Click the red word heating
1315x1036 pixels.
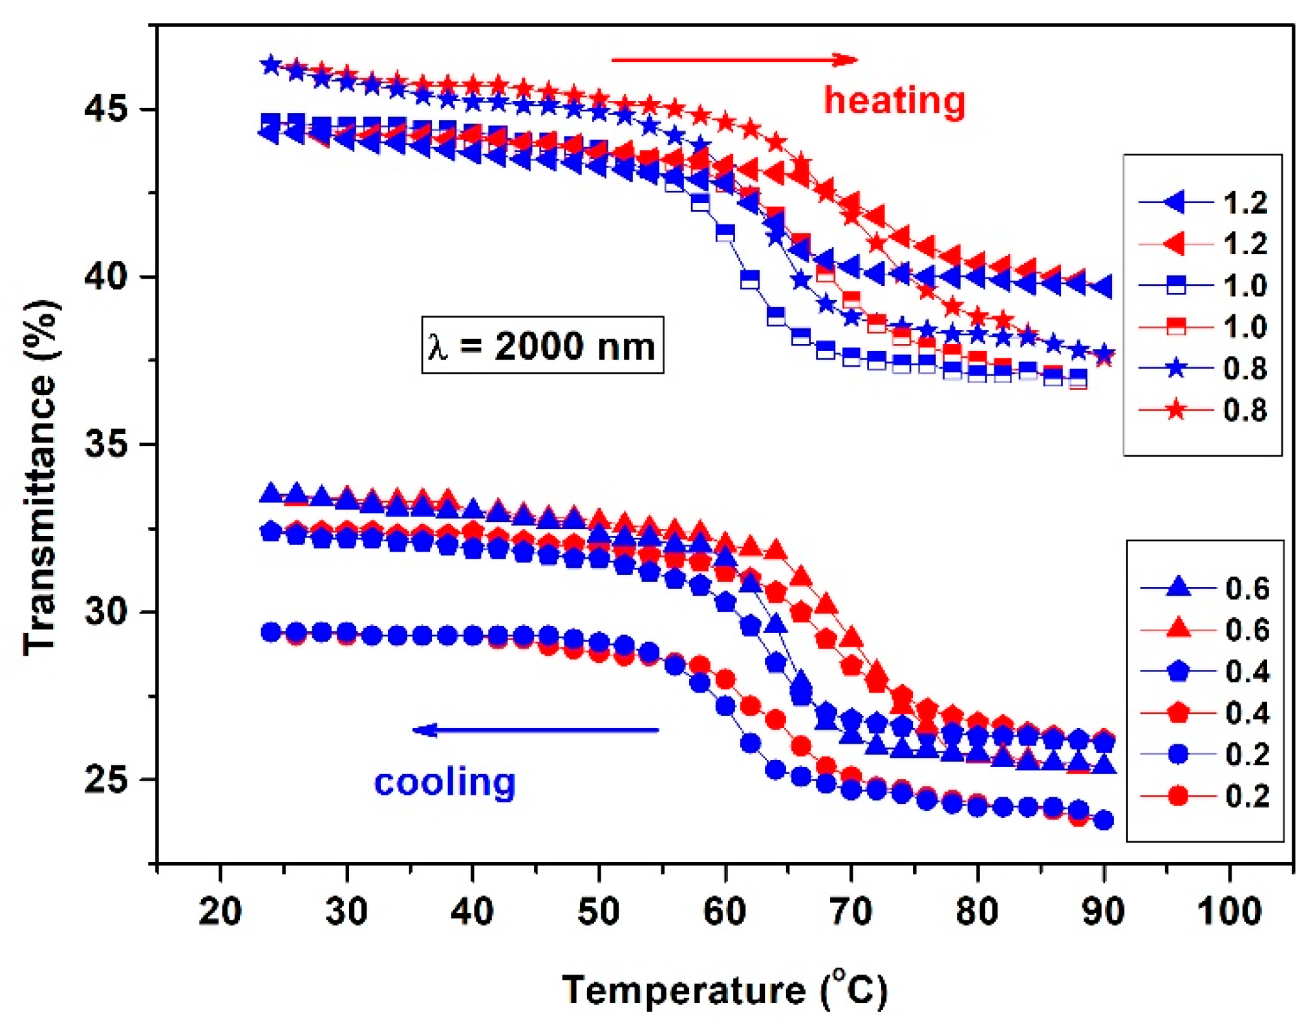tap(893, 102)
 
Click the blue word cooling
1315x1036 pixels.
tap(444, 782)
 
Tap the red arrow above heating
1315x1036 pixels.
tap(734, 60)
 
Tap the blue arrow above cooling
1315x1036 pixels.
tap(535, 730)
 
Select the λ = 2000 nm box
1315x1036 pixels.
tap(542, 345)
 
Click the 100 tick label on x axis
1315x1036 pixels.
tap(1228, 912)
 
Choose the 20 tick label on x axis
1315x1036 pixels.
tap(220, 912)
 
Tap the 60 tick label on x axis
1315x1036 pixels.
tap(725, 912)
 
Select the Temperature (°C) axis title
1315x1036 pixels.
tap(724, 991)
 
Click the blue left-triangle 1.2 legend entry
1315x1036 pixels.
tap(1203, 203)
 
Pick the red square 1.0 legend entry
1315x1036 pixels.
tap(1203, 327)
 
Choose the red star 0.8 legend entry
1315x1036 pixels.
tap(1203, 410)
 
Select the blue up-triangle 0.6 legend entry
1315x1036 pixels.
tap(1204, 588)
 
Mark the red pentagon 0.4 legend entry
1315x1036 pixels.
tap(1204, 713)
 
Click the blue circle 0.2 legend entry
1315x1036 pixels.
tap(1204, 754)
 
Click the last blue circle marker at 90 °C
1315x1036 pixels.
tap(1104, 821)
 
